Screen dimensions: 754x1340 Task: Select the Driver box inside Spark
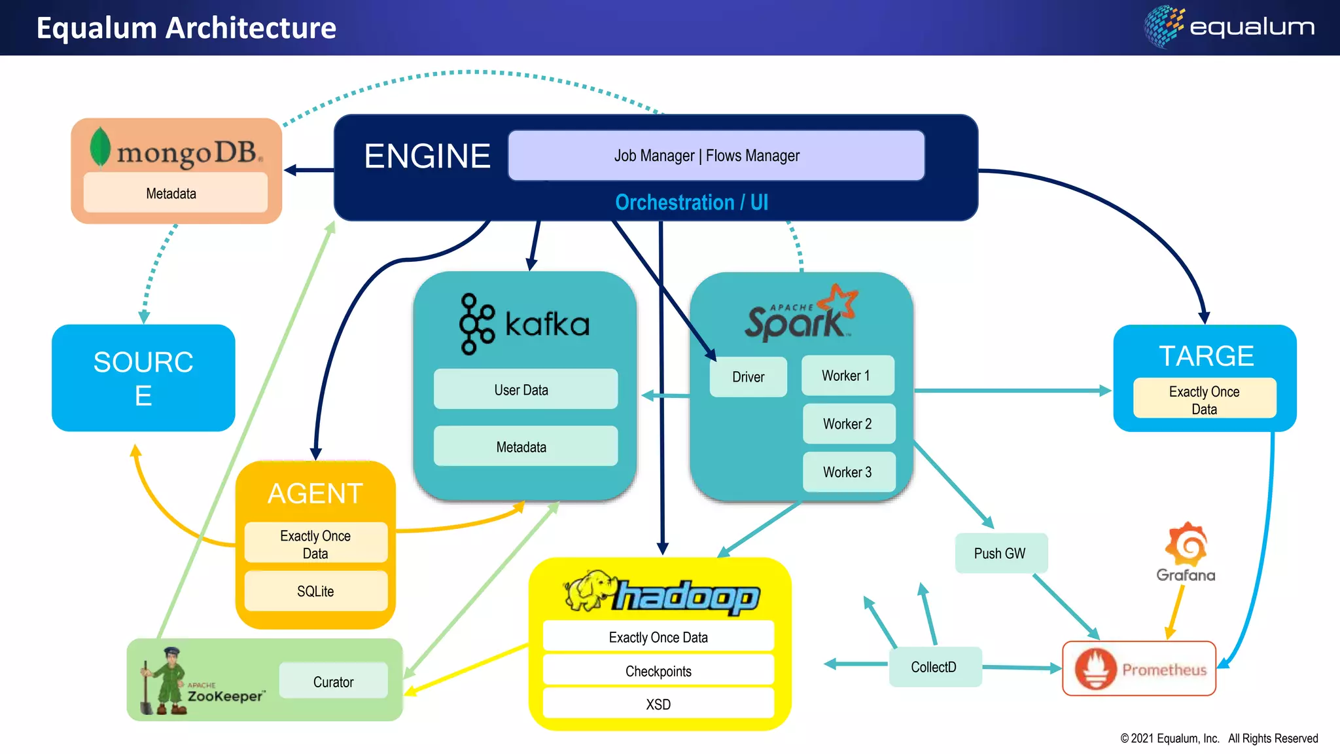(x=748, y=377)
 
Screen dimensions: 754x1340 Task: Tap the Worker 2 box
(x=848, y=424)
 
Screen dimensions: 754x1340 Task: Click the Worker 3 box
(x=848, y=472)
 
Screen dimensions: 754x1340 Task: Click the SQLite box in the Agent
(x=315, y=591)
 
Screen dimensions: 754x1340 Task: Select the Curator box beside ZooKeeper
(x=333, y=681)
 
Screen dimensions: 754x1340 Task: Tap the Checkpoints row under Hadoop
(x=658, y=671)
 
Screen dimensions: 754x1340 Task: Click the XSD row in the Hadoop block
(x=658, y=704)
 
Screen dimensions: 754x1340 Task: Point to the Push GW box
(x=1000, y=553)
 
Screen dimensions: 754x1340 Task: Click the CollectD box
(x=934, y=667)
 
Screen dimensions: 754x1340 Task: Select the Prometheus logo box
(x=1138, y=669)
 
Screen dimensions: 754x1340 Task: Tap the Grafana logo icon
(x=1186, y=545)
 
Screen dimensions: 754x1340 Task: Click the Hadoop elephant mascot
(x=589, y=591)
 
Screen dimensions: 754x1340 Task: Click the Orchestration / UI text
(x=691, y=202)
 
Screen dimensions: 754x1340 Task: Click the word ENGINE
(x=427, y=156)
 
